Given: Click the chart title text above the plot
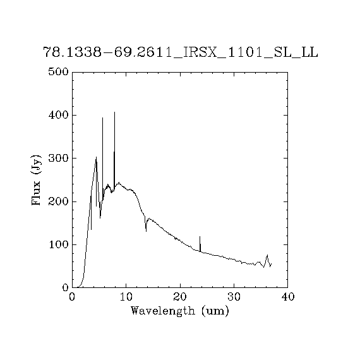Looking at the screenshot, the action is pos(181,52).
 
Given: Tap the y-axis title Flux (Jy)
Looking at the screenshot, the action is pos(36,180).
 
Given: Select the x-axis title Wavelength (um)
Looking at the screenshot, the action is pos(180,311).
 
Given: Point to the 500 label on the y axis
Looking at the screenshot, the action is pos(59,72).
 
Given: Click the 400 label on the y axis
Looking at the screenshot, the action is pos(59,115).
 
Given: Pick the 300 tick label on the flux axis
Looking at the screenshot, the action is pos(59,158).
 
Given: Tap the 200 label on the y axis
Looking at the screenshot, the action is pos(59,201).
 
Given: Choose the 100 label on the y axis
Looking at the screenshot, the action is pos(59,245).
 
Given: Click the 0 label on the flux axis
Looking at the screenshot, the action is pos(66,287).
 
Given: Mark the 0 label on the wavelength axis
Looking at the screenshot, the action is pos(72,297).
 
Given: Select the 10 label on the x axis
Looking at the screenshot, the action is pos(126,297).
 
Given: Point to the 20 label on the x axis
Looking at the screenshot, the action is pos(180,297).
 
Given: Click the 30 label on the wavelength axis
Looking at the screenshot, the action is pos(234,297).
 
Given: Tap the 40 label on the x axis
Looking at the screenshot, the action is pos(287,297).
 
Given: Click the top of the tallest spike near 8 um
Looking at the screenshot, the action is pos(114,112).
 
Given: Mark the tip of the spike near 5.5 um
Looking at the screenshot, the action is pos(102,117).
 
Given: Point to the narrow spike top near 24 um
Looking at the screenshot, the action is pos(200,236).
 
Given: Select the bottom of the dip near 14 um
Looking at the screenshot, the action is pos(146,231).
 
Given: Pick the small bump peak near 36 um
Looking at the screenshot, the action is pos(267,255).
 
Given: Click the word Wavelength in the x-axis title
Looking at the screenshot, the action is pos(163,311).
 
